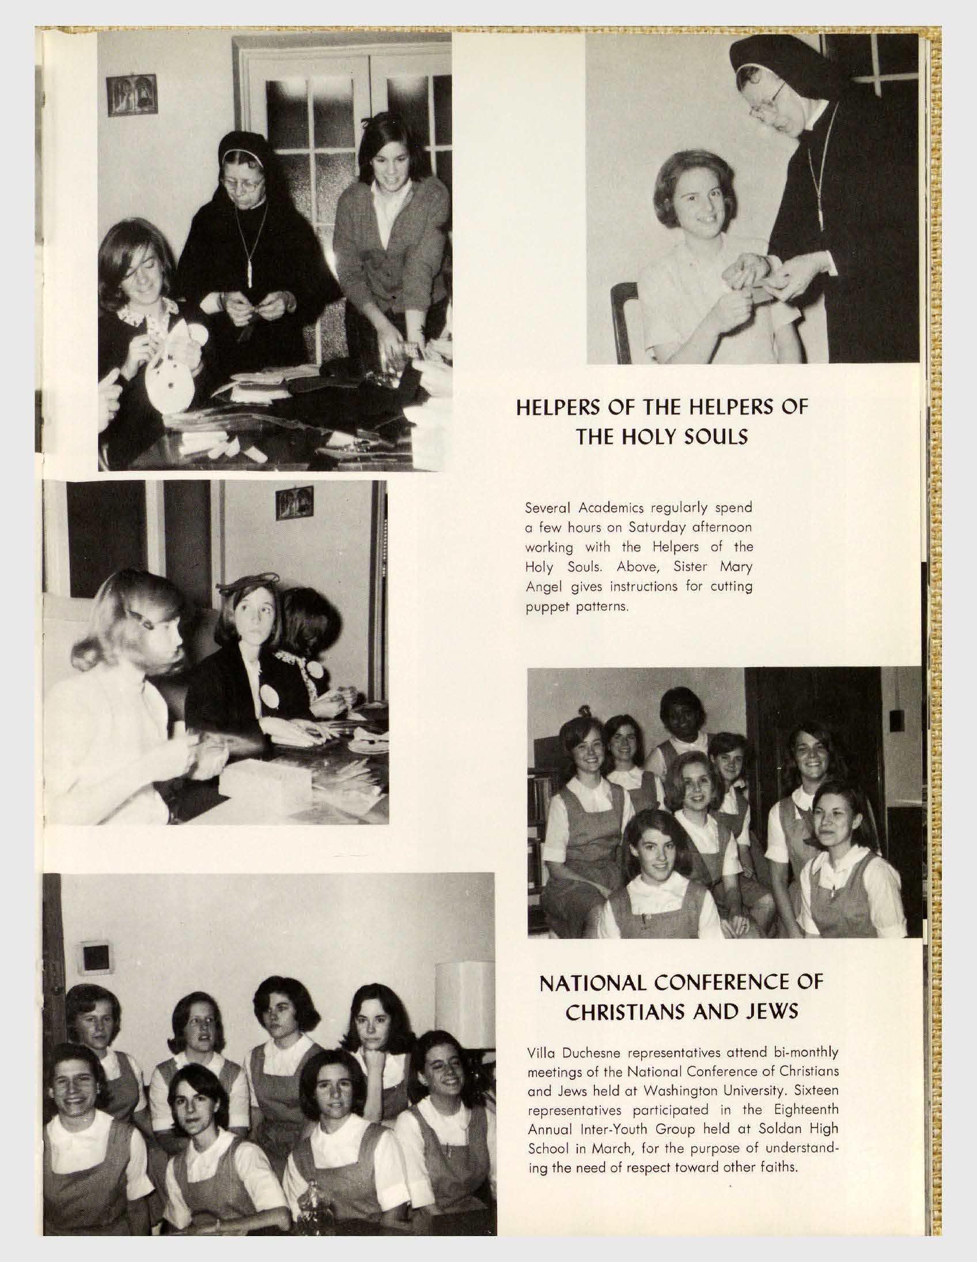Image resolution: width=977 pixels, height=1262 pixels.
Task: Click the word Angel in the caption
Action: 539,587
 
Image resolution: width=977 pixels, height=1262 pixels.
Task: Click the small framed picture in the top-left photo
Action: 131,94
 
